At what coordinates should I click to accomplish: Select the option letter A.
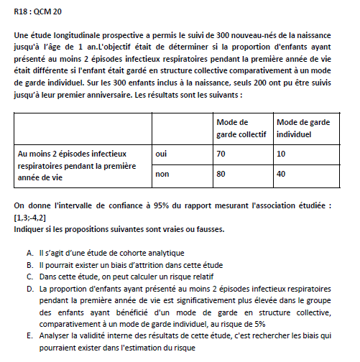30,252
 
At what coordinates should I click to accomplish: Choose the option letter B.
30,263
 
